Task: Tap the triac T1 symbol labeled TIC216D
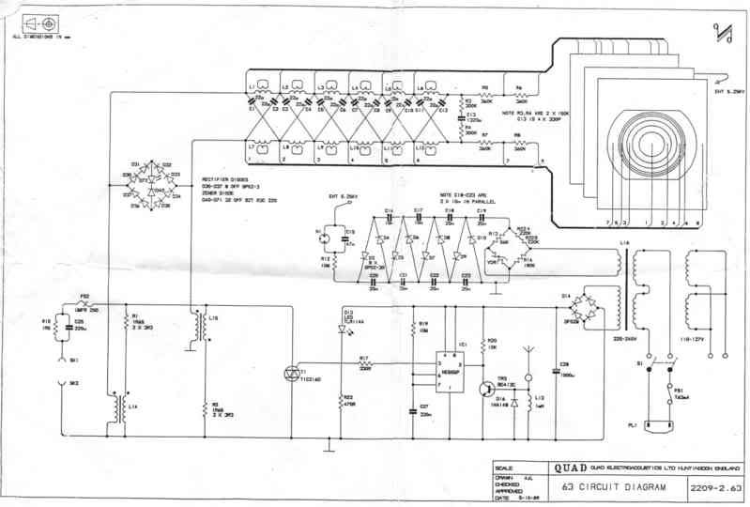point(290,373)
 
